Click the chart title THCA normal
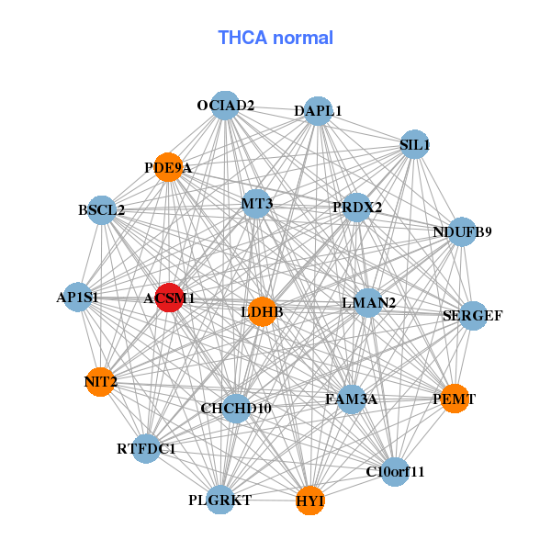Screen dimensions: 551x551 (x=275, y=38)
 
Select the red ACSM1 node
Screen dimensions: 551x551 (x=169, y=298)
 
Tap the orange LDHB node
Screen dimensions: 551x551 (x=263, y=312)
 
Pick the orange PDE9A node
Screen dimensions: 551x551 (x=168, y=167)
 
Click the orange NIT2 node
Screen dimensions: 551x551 (x=100, y=381)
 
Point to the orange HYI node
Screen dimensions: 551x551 (x=310, y=500)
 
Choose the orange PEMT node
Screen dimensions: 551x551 (x=455, y=398)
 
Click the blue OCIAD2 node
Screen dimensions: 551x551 (x=225, y=105)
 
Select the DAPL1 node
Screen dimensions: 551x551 (x=318, y=110)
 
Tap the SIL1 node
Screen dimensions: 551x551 (x=415, y=144)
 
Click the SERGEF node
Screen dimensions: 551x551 (x=473, y=316)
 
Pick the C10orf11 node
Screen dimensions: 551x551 (x=395, y=472)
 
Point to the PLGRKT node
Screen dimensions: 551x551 (x=220, y=500)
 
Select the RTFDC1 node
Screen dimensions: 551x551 (x=146, y=449)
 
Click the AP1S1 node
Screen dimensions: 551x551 (x=77, y=297)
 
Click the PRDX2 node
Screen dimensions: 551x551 (x=357, y=207)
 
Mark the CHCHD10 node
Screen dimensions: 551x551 (x=236, y=408)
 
